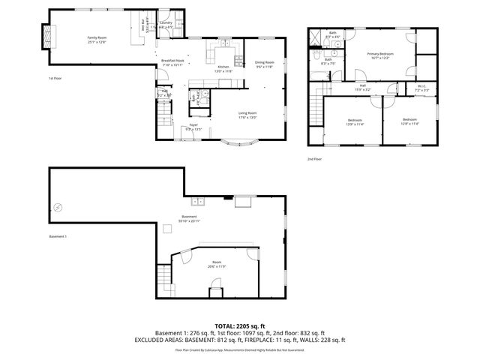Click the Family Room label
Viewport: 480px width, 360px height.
coord(96,39)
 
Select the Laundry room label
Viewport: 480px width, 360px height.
coord(166,25)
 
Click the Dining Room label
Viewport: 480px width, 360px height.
coord(264,64)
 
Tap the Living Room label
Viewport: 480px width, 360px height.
coord(247,115)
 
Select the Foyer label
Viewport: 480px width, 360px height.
coord(193,127)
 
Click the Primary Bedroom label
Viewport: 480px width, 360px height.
coord(381,56)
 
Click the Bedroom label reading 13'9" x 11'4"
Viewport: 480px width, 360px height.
coord(355,122)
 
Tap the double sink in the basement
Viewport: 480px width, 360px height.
coord(199,201)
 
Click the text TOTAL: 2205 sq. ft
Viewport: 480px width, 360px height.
coord(240,325)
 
